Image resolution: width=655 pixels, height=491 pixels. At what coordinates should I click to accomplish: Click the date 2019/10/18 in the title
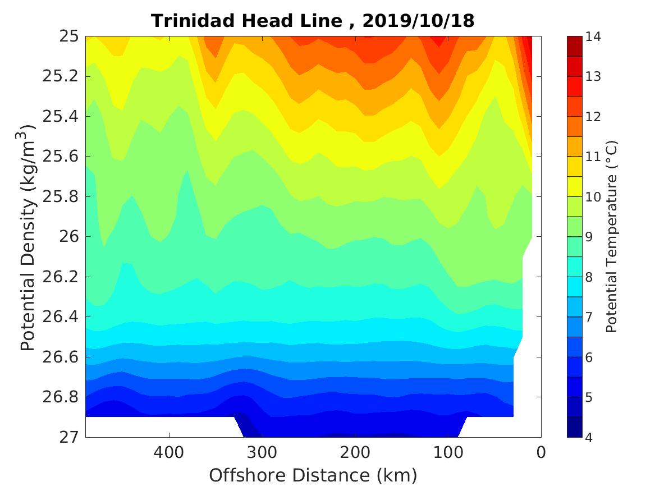click(x=418, y=21)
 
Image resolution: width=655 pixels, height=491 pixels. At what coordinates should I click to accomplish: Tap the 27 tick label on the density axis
click(x=68, y=437)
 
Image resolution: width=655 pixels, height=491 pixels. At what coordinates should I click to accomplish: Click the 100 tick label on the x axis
click(x=448, y=452)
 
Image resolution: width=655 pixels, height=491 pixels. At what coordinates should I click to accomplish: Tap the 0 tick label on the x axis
click(x=541, y=452)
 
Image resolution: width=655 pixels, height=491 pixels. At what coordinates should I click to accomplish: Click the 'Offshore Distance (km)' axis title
click(x=313, y=476)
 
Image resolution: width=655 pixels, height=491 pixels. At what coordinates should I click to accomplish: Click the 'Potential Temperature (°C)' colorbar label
click(x=612, y=236)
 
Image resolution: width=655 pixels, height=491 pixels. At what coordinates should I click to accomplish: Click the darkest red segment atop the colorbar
click(x=575, y=46)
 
